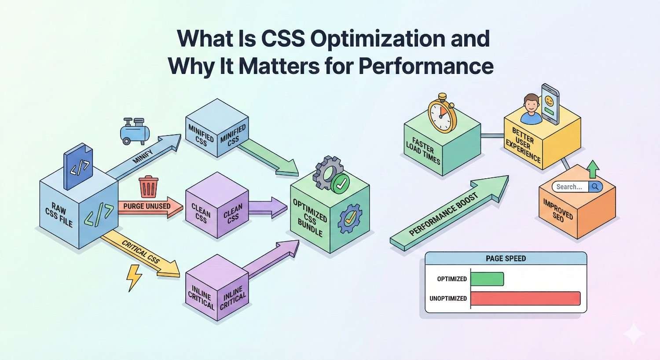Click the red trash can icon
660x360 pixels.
click(148, 187)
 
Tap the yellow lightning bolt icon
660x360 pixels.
click(134, 277)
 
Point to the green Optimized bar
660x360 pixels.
click(487, 279)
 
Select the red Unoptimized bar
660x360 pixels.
click(525, 298)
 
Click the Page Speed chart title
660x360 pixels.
click(506, 258)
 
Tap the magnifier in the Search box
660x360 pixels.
click(595, 187)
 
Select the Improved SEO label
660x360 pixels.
click(558, 210)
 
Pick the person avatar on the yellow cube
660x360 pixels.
click(530, 109)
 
